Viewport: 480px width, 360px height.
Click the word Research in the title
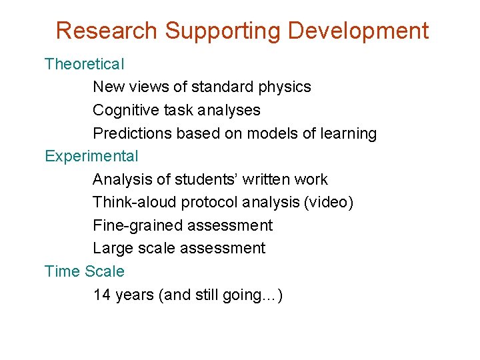click(x=107, y=31)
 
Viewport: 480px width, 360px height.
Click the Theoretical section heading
click(x=84, y=65)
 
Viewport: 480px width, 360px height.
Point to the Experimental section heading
click(x=91, y=157)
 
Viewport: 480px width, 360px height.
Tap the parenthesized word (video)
click(x=328, y=203)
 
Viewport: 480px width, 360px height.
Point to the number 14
click(x=102, y=295)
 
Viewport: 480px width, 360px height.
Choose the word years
click(x=135, y=295)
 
